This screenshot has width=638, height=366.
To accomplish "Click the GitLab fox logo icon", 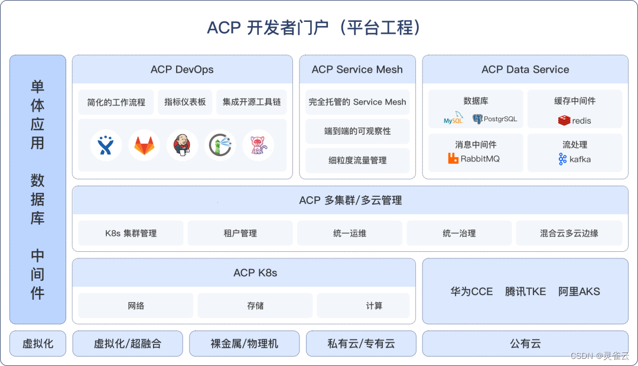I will click(x=144, y=145).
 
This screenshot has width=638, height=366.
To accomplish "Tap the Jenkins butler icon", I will click(x=183, y=145).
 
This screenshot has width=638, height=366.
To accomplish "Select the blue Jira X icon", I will click(x=106, y=145).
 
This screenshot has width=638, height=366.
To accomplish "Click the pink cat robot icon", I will click(x=258, y=145).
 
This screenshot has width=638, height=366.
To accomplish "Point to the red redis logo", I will click(x=564, y=121).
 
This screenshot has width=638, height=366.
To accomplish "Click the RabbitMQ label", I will click(x=480, y=158).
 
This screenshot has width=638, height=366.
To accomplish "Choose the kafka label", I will click(x=580, y=159).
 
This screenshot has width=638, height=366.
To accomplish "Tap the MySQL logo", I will click(x=454, y=120).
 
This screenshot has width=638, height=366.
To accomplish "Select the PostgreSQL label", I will click(x=500, y=119).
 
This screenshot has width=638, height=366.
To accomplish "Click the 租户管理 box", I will click(x=240, y=233).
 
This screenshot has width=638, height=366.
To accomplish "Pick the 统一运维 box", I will click(x=350, y=233).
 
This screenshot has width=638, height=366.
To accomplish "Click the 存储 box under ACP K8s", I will click(x=255, y=306).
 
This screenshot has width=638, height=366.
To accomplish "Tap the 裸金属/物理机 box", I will click(x=245, y=344).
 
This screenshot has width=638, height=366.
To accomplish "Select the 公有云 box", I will click(x=525, y=344).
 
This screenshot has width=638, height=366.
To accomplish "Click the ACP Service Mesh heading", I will click(x=357, y=69).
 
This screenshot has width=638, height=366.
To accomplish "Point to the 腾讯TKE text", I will click(x=525, y=291).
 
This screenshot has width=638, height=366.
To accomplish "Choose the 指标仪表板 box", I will click(x=185, y=102).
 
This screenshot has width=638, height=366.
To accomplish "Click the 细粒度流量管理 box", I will click(x=357, y=160).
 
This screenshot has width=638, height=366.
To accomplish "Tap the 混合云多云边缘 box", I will click(x=569, y=233).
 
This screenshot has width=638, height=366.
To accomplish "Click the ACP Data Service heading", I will click(x=525, y=69).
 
